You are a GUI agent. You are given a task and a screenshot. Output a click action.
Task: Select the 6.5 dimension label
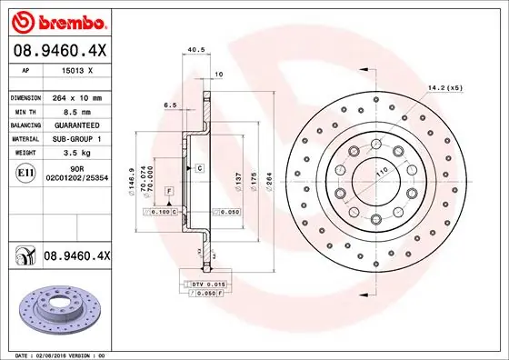coord(170,105)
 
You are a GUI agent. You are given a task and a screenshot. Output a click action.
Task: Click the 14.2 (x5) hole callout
coord(445,87)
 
